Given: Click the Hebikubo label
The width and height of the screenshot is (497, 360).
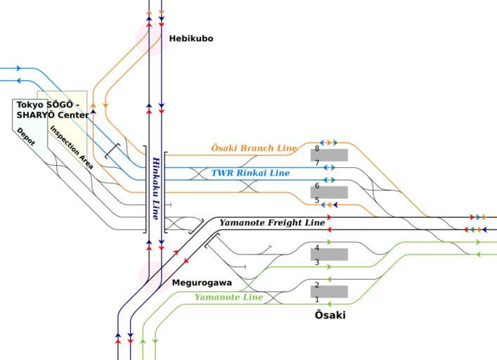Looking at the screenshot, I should pos(191,39).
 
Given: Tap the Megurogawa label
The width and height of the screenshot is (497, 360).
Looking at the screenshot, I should pos(202,283).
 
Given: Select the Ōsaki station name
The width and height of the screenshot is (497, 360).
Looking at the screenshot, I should pos(330,315).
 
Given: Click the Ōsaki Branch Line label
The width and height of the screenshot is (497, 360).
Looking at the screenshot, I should pos(254,148).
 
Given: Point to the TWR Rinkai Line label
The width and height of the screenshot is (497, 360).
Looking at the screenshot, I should pos(250,173).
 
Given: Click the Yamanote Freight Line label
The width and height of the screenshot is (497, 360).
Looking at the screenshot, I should pos(272,223).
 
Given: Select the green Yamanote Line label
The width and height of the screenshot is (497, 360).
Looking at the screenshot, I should pos(228,297).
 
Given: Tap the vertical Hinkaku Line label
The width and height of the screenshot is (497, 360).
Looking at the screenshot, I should pos(156,188).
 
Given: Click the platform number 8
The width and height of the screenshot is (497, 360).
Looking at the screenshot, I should pos(317,149).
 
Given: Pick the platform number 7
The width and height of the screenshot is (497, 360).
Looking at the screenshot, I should pos(317,164).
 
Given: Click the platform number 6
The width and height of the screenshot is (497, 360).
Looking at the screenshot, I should pos(317,186).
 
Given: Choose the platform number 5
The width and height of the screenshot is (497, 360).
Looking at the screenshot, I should pos(317,201).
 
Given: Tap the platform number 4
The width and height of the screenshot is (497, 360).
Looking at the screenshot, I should pos(317,248).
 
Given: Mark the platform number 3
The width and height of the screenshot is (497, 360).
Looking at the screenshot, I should pos(317,263).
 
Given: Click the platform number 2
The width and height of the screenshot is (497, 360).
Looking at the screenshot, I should pos(317,285).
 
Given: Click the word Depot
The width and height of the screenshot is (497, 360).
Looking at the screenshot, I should pos(26,136).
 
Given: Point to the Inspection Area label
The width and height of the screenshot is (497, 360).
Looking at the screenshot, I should pos(71,148).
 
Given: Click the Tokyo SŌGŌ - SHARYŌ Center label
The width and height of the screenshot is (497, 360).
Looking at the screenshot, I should pos(53,110).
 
